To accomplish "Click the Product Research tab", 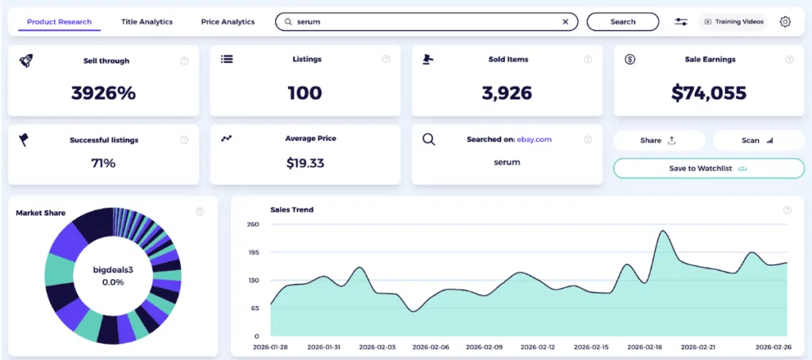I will (59, 21).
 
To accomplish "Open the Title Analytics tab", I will (147, 21).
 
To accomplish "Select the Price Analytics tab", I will (228, 21).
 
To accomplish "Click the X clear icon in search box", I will (565, 22).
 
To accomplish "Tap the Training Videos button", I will (734, 21).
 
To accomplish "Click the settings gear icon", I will (785, 21).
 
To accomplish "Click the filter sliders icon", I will (681, 21).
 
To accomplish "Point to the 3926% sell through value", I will (103, 93).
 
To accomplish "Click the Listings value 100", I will (304, 93).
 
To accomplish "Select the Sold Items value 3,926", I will (506, 93).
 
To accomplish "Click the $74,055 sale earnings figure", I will (709, 93).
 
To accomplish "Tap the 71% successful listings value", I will (103, 163).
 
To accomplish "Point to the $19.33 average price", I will (304, 163).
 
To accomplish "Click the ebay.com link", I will (534, 140).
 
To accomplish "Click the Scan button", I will (758, 140).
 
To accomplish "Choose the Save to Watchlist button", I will (708, 168).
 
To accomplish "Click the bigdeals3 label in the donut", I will (113, 270).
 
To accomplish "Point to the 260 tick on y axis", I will (253, 224).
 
